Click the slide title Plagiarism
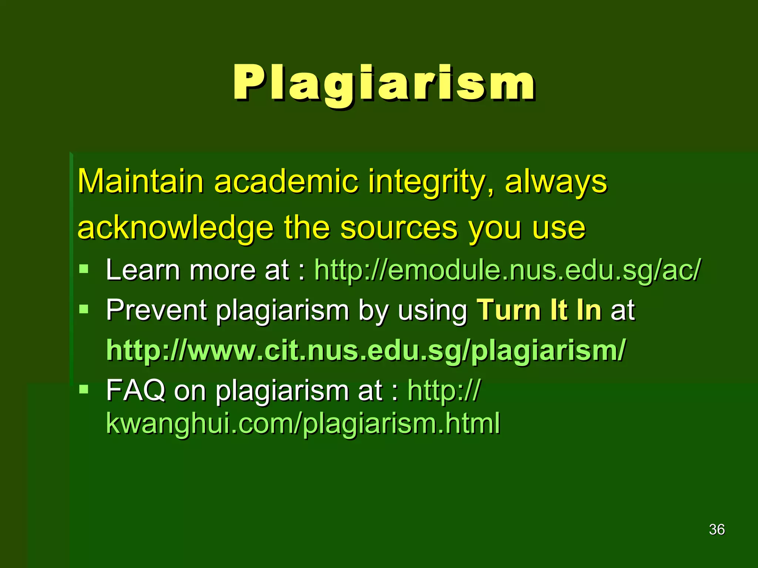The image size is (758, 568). pos(384,83)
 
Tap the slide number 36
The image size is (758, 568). pos(717,530)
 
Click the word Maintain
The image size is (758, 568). pos(140,181)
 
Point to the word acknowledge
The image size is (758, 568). pos(175,228)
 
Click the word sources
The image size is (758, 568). pos(399,229)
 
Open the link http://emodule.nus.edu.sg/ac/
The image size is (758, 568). pos(507,270)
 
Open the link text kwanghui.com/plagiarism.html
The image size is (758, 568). pos(303,423)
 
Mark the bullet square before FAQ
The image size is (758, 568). pos(84,389)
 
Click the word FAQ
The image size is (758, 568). pos(135,390)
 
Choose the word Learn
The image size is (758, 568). pos(142,270)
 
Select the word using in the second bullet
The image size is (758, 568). pos(433,311)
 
